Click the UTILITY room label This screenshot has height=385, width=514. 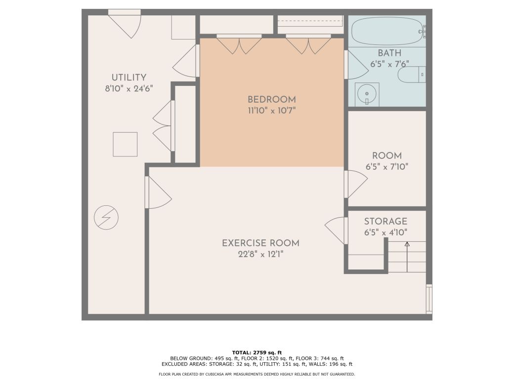coord(128,77)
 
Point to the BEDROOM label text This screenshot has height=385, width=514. coord(272,99)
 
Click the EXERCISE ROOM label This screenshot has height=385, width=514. coord(260,243)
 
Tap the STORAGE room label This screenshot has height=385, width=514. coord(385,222)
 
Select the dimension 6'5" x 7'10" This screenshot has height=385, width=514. coord(387,167)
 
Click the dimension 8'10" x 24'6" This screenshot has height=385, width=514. coord(128,89)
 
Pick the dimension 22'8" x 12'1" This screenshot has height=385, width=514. coord(260,254)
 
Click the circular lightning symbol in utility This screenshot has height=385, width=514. coord(107,217)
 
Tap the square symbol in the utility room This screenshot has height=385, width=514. coord(125,144)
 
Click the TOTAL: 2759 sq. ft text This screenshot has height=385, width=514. coord(257,352)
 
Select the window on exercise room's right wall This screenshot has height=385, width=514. coord(429,299)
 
